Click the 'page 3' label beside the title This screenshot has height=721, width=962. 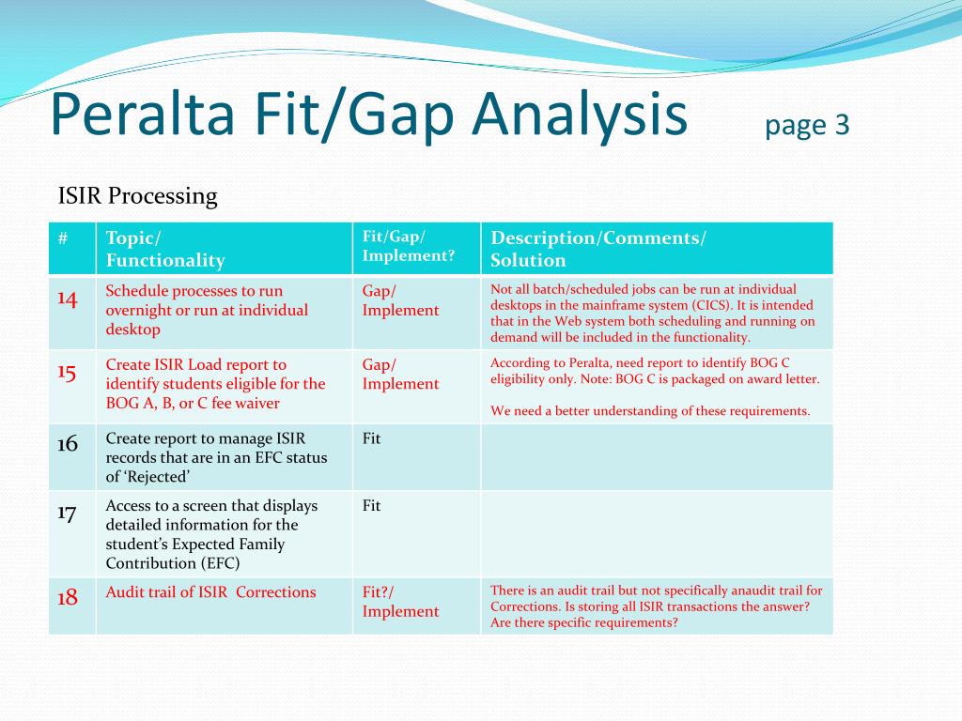click(807, 126)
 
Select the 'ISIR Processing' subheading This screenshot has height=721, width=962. click(138, 196)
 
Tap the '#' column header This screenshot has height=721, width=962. click(63, 238)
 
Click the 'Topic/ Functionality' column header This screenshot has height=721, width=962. click(165, 249)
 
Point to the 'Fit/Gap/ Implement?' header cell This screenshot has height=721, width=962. click(409, 246)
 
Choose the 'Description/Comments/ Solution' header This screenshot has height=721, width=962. click(598, 249)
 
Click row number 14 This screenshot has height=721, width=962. click(68, 299)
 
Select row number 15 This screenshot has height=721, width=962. click(67, 372)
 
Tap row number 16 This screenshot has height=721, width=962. click(68, 443)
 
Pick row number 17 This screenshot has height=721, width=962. click(67, 513)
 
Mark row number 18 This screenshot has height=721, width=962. click(68, 597)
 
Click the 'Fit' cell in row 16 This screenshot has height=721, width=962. click(371, 438)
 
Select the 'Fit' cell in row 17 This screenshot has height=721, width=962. click(371, 505)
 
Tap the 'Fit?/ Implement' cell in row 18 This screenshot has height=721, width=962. click(400, 602)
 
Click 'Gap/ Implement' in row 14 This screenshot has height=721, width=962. click(400, 300)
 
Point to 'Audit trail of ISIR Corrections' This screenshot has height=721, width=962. click(211, 592)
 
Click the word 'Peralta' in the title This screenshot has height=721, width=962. click(143, 114)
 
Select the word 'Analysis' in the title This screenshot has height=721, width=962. click(580, 116)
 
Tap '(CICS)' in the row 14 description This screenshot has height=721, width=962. click(712, 305)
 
